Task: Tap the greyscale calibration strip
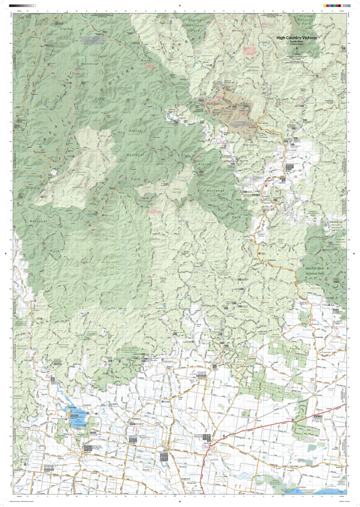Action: [25, 4]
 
